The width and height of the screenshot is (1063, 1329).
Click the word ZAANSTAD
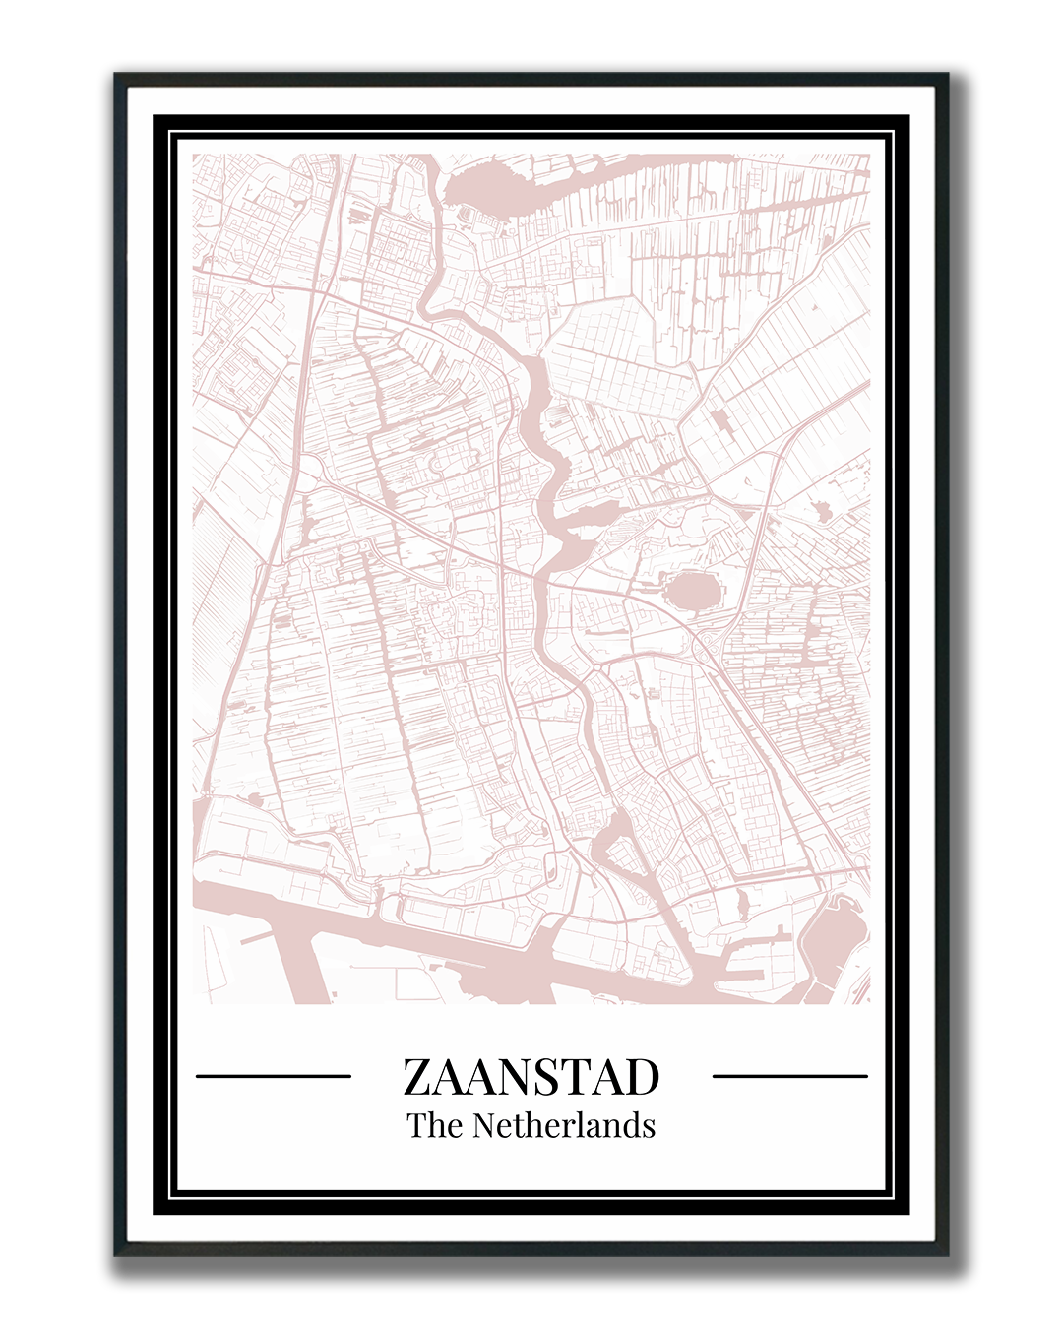531,1077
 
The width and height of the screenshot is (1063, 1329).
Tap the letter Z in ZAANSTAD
417,1077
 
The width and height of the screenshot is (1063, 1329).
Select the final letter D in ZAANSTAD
641,1077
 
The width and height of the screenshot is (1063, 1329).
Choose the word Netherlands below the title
564,1125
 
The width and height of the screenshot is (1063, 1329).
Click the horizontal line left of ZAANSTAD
274,1076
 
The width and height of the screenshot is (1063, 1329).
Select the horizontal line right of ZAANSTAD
789,1076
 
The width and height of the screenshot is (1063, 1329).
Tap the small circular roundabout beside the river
596,668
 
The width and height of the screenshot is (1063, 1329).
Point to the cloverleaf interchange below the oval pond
707,645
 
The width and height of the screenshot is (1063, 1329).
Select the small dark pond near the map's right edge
823,511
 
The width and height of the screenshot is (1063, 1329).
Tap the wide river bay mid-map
576,522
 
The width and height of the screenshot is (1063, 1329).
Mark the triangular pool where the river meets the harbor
615,847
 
